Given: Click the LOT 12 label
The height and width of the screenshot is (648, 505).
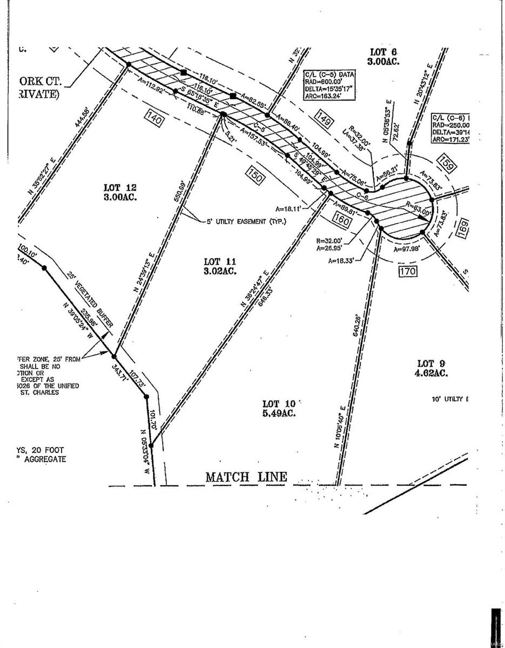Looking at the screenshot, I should click(120, 187).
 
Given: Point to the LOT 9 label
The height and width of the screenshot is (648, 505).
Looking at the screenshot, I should click(430, 362).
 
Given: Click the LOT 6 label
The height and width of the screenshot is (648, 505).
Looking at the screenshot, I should click(383, 52).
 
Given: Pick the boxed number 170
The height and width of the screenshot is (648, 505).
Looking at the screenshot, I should click(408, 271).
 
